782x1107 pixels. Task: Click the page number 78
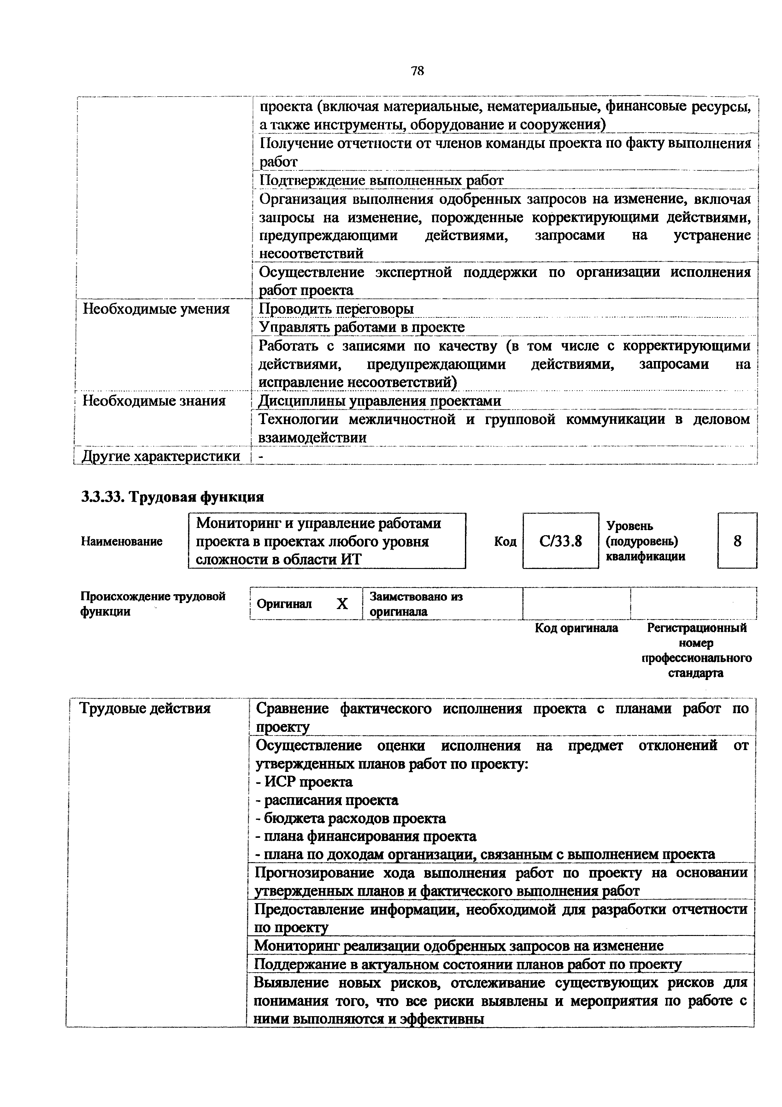[417, 71]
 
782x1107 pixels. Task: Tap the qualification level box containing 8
[737, 541]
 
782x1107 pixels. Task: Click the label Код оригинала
[576, 628]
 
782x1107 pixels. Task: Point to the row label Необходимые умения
[156, 309]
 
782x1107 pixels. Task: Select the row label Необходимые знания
[154, 401]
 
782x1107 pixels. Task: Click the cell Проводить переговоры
[336, 309]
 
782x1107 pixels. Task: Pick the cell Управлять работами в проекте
[362, 327]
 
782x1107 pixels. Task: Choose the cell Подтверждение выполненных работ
[381, 180]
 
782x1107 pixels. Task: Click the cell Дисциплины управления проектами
[380, 401]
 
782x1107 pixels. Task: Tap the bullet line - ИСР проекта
[304, 782]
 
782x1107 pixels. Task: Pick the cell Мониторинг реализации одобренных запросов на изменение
[459, 945]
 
